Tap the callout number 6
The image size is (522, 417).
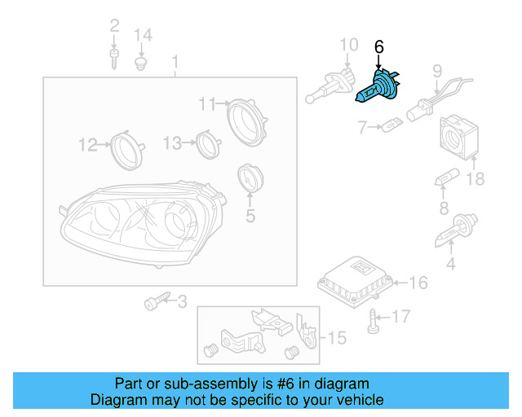coord(378,47)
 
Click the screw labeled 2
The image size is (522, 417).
coord(113,56)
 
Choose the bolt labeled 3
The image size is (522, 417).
coord(154,303)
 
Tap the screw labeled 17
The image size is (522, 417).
coord(374,321)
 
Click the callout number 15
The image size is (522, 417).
coord(337,336)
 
